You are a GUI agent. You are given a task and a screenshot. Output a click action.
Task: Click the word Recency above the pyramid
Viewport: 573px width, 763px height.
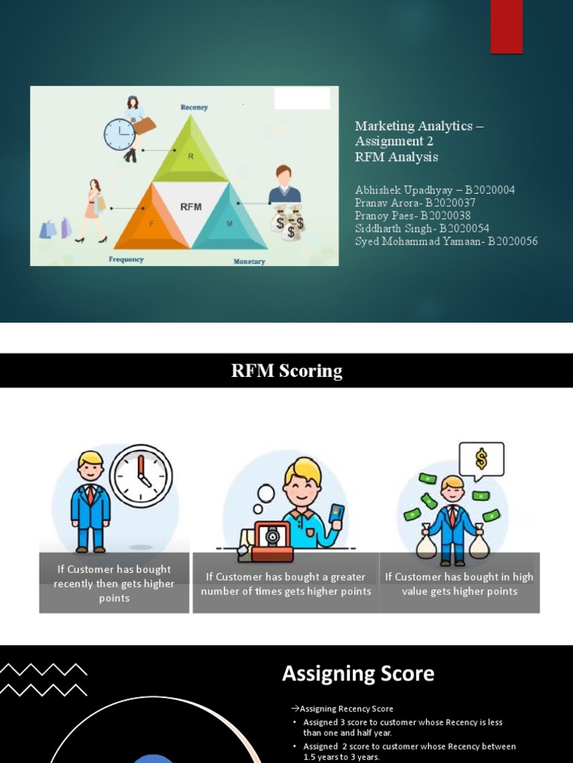[x=194, y=107]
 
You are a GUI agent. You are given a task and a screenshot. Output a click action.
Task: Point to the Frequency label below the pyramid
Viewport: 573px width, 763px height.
[x=126, y=259]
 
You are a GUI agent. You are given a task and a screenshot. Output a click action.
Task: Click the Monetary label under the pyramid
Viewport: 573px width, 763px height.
[x=249, y=262]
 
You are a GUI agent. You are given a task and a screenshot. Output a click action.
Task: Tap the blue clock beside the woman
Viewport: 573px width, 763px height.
[x=119, y=135]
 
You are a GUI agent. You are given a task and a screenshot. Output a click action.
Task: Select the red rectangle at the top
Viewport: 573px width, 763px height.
[x=506, y=27]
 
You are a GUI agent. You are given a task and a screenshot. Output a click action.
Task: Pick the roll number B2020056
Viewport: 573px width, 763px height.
[x=513, y=241]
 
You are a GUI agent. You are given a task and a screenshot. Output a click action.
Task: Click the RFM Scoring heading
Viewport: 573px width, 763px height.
[x=286, y=371]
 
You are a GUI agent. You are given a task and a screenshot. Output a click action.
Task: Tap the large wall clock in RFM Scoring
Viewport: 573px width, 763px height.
[x=141, y=476]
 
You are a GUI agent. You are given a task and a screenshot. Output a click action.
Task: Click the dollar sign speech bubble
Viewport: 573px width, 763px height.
[x=481, y=459]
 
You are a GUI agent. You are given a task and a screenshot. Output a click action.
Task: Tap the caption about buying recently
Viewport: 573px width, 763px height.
[x=114, y=583]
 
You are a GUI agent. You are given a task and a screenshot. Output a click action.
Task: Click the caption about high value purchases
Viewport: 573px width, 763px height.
[x=459, y=583]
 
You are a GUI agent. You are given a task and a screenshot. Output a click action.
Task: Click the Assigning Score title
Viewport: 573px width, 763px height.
[x=358, y=674]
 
